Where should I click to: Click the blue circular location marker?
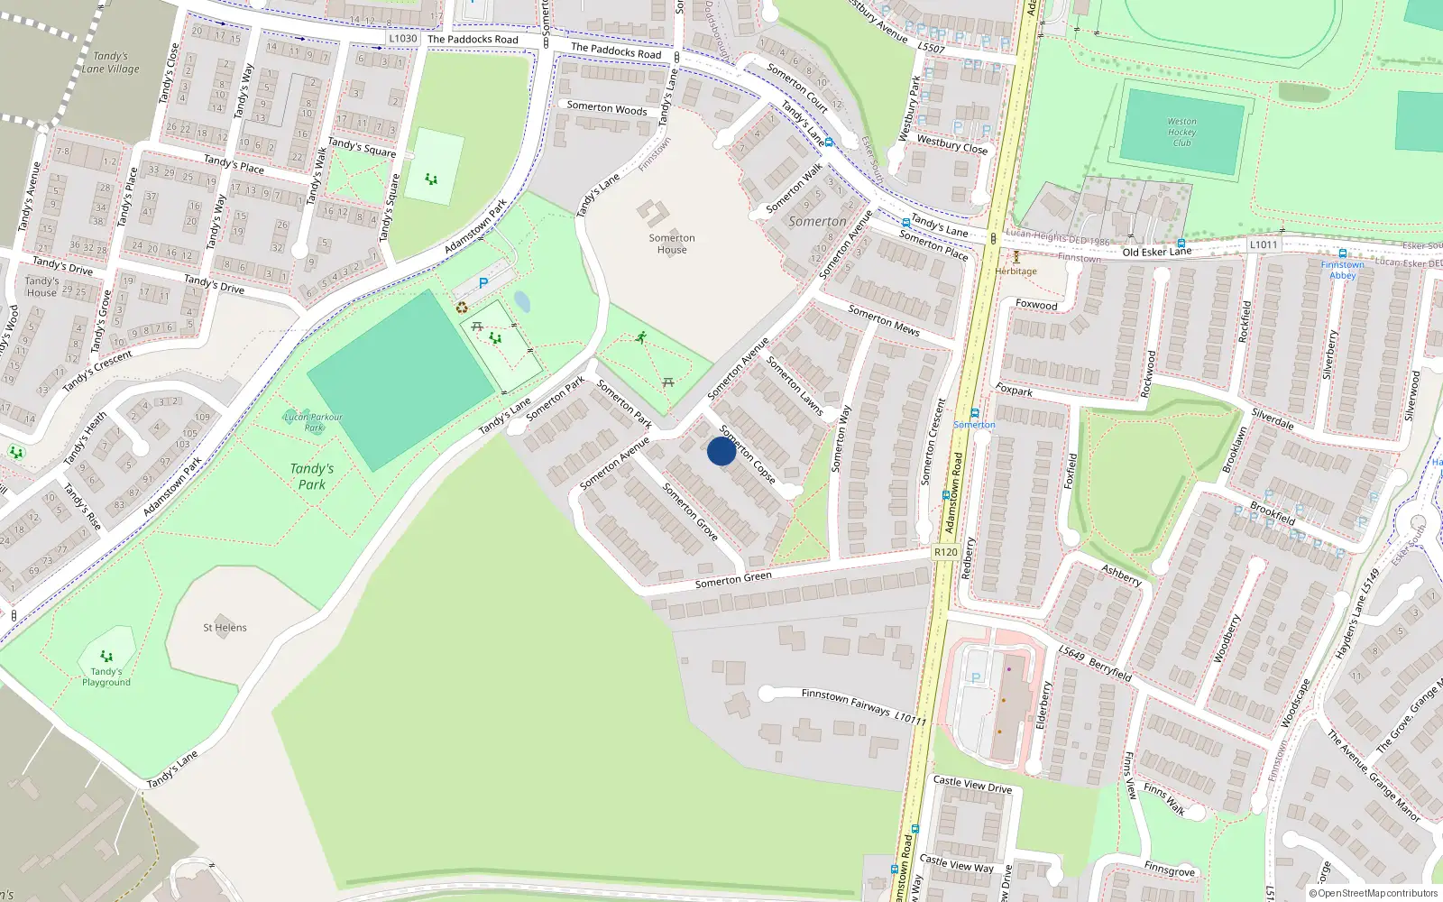721,451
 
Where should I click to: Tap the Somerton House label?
672,244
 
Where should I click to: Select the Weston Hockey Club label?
1181,132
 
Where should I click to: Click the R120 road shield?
946,552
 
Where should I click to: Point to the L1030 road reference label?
403,39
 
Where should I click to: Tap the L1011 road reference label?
1264,244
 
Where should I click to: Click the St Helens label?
225,628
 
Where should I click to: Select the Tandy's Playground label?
106,676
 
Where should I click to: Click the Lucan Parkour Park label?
313,421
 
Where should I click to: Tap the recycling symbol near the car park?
462,308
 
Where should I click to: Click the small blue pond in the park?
521,300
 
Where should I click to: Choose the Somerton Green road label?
733,579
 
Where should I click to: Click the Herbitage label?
1016,271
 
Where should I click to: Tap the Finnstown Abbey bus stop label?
1342,270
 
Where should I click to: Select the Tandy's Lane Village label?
111,62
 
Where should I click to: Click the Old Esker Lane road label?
1157,252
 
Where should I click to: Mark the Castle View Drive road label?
972,785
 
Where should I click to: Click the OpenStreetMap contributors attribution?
1374,893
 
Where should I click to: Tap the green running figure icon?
641,337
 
